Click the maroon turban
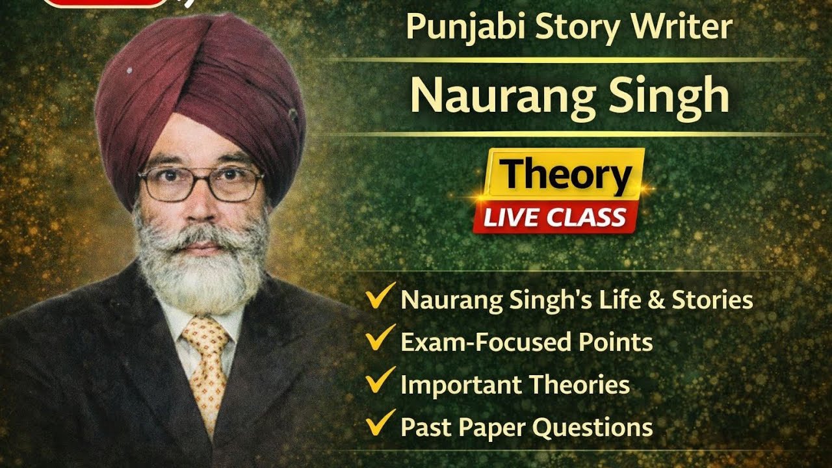pos(195,91)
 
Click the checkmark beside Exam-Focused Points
pos(381,339)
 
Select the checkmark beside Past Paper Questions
pos(381,424)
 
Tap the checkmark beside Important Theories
pos(381,382)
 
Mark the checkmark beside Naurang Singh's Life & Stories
pos(381,297)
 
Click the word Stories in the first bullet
pos(712,300)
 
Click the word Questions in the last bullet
pos(593,428)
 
